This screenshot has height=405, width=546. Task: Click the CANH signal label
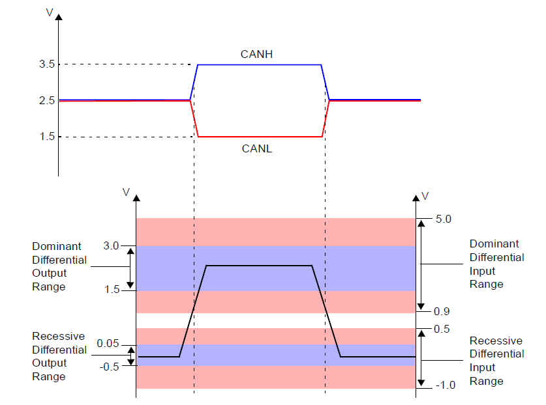click(256, 54)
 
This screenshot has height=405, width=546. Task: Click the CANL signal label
click(256, 148)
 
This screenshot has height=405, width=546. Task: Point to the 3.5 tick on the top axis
click(47, 64)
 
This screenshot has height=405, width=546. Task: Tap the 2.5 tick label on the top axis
click(47, 100)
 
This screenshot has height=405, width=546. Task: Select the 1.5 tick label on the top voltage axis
click(48, 136)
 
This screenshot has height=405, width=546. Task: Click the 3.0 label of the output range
click(111, 245)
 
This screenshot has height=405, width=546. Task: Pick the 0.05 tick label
click(108, 343)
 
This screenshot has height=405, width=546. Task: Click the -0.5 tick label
click(110, 367)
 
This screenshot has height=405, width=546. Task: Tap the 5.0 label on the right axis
click(444, 219)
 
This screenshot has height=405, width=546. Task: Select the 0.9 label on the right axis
click(442, 311)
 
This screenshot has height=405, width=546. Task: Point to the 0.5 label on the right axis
click(442, 329)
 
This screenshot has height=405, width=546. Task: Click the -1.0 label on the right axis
click(446, 385)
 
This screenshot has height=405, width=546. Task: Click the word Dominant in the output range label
click(56, 246)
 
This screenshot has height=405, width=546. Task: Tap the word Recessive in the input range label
click(496, 341)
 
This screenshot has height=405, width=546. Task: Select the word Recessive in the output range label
click(59, 336)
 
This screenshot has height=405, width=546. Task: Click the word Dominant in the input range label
click(494, 244)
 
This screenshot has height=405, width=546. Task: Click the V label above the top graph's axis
click(50, 12)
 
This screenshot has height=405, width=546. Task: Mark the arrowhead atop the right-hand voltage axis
click(416, 198)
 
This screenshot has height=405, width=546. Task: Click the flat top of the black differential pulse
click(259, 266)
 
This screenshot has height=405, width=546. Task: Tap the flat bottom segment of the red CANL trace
click(260, 137)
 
